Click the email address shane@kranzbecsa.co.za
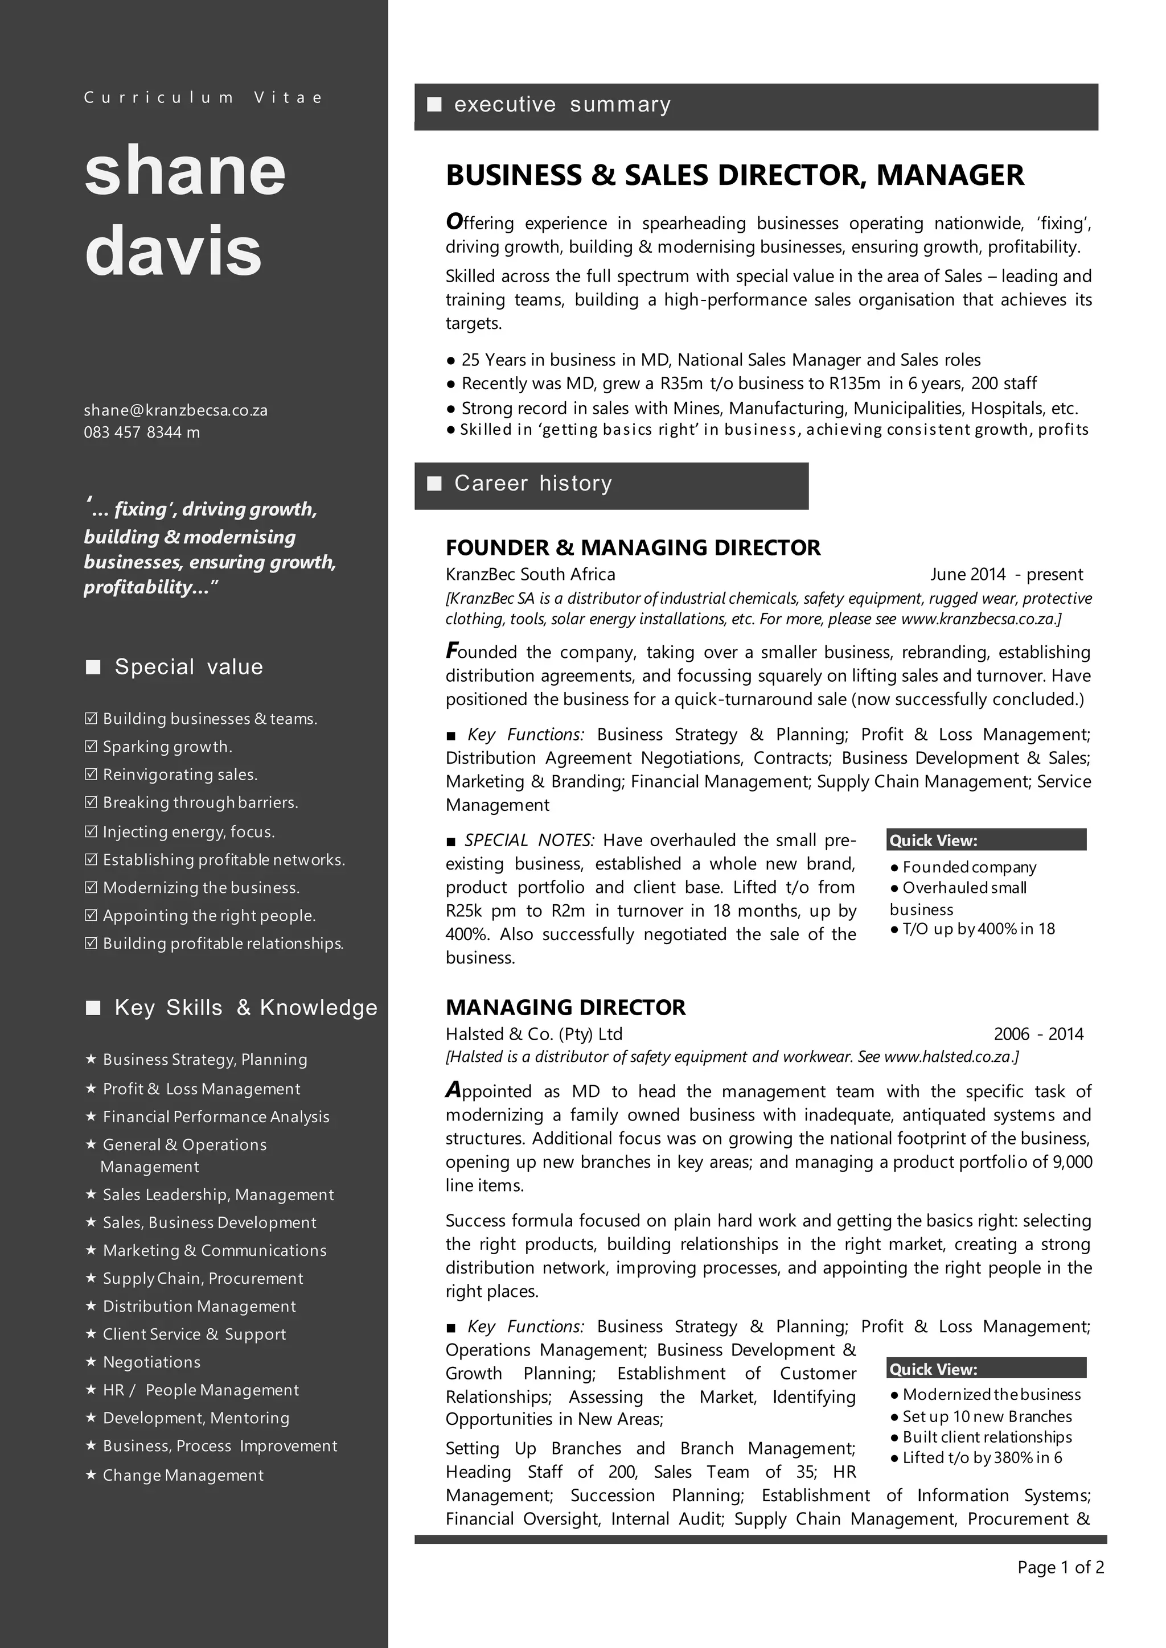[175, 410]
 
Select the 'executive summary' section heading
[562, 105]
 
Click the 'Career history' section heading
[533, 484]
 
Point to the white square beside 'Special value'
[93, 668]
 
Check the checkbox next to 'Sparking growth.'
[91, 747]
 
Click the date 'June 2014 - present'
[1006, 574]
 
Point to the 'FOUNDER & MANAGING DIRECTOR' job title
[633, 547]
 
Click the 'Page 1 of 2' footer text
[1060, 1567]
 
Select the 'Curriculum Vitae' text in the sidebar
[203, 98]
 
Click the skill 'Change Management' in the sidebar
[183, 1475]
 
